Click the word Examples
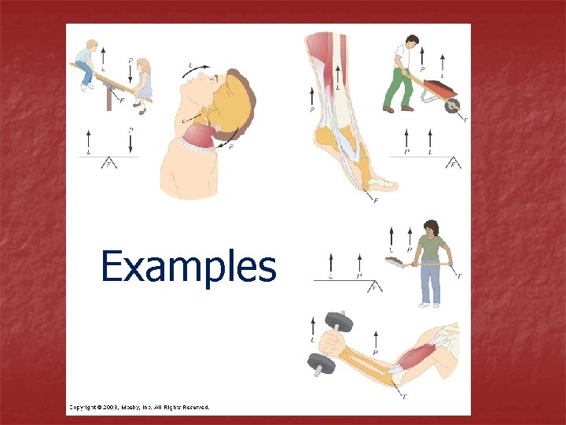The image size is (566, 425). (x=189, y=266)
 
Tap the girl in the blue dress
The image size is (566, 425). (x=143, y=83)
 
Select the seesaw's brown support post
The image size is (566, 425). (x=109, y=98)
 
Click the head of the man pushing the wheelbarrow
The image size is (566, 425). (x=413, y=41)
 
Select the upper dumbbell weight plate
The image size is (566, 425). (x=340, y=323)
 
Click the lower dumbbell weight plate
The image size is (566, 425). (x=321, y=364)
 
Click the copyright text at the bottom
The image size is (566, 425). (x=138, y=407)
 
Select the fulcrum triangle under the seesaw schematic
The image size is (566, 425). (x=108, y=163)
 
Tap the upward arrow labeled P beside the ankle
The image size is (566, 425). (x=313, y=98)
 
